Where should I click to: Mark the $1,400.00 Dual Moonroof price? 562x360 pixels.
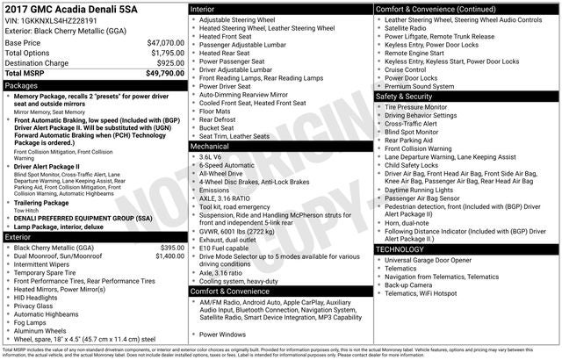169,256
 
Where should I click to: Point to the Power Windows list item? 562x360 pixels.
222,334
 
